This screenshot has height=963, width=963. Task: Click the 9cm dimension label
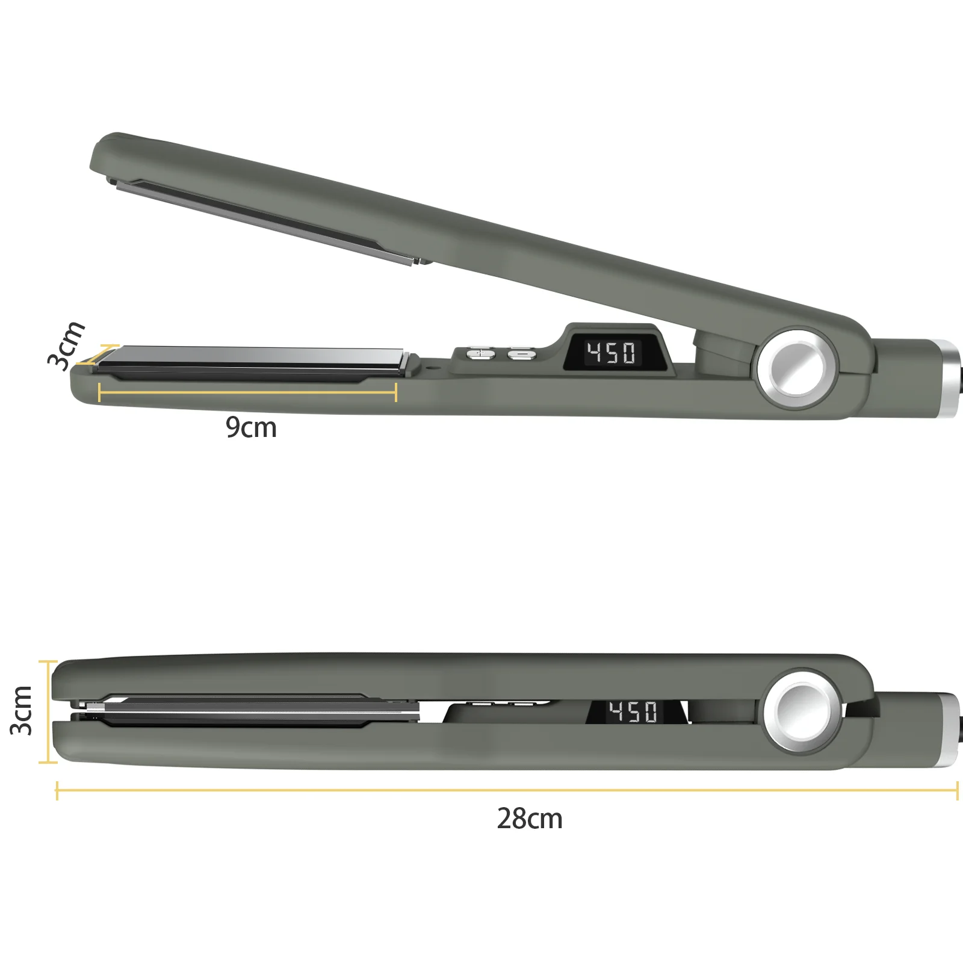[x=251, y=427]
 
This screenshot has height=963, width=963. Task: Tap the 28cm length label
[x=530, y=819]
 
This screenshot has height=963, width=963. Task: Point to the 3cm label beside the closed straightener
[x=22, y=711]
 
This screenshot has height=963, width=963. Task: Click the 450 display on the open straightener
[x=611, y=353]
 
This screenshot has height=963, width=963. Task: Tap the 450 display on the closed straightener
[x=632, y=711]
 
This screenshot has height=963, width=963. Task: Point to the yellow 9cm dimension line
[x=247, y=392]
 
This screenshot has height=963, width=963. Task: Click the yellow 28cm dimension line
[x=506, y=790]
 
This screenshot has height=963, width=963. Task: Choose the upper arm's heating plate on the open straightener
[x=265, y=220]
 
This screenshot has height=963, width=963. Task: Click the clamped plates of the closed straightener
[x=241, y=710]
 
